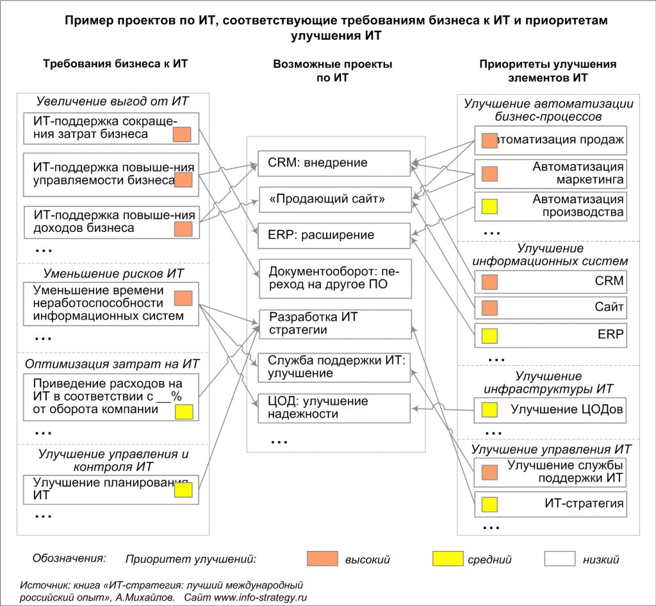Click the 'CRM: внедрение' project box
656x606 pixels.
click(x=334, y=163)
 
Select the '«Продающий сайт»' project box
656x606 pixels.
click(x=335, y=199)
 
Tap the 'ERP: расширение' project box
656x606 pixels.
click(x=334, y=236)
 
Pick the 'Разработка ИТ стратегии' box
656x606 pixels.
click(x=335, y=323)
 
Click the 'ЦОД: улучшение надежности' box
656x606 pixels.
click(x=334, y=408)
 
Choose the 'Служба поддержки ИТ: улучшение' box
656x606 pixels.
click(x=334, y=368)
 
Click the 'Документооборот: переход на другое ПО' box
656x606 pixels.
click(x=335, y=279)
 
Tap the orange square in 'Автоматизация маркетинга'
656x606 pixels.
click(x=489, y=174)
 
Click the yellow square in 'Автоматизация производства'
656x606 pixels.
click(x=489, y=206)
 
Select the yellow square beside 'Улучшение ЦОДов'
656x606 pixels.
click(x=489, y=409)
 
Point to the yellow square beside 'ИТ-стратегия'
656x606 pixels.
click(x=489, y=504)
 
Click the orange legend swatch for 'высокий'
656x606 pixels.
click(x=322, y=559)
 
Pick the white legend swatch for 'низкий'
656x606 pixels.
click(x=560, y=559)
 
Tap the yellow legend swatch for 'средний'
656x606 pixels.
click(x=448, y=559)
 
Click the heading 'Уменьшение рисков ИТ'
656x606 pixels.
click(x=113, y=274)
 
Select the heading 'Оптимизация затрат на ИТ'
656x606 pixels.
click(x=112, y=364)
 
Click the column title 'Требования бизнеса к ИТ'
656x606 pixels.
click(x=115, y=63)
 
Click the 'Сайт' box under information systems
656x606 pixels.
click(x=550, y=307)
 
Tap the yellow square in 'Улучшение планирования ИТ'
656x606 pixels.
click(x=183, y=490)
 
